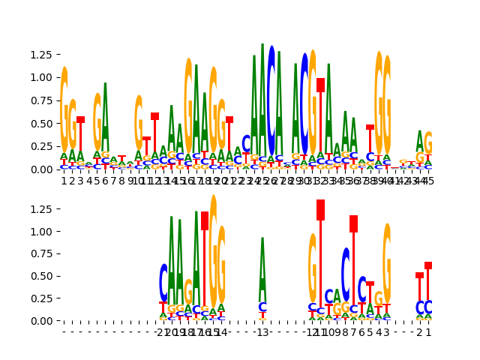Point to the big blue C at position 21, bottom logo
[x=163, y=282]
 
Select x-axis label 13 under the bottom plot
[x=262, y=331]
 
